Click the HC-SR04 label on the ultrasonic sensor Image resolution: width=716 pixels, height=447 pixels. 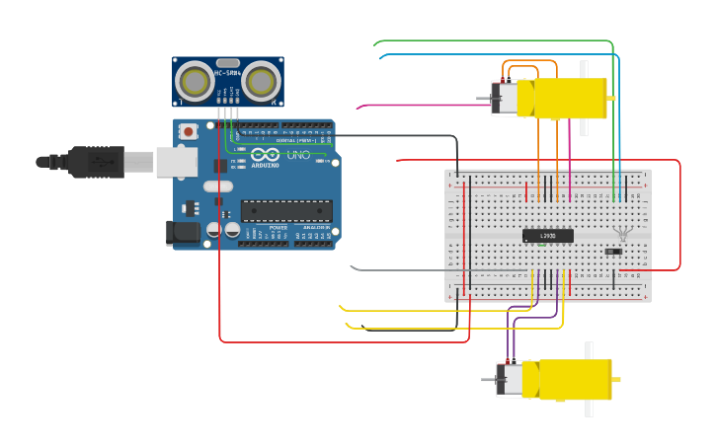(228, 72)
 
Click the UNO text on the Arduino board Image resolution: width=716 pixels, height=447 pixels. (298, 155)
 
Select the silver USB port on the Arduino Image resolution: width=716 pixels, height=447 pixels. (176, 161)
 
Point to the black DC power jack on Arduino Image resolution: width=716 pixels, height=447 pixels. (183, 232)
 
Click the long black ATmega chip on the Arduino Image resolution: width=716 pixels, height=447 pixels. (286, 210)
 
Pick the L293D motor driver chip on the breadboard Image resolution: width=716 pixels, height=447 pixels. (546, 236)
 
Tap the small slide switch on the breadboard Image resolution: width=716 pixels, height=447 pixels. (613, 252)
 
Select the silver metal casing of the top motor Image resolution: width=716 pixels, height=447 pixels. (504, 99)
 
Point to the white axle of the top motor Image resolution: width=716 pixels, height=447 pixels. (584, 99)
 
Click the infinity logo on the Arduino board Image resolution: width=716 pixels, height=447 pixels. (265, 155)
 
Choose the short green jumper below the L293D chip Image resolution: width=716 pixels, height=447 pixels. (541, 247)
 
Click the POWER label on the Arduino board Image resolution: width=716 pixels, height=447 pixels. (279, 228)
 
